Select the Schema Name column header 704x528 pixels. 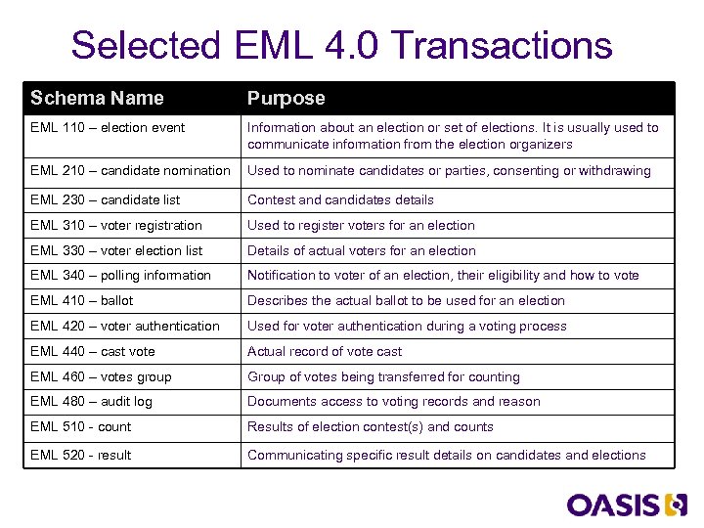(x=97, y=98)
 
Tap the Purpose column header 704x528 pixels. (x=286, y=98)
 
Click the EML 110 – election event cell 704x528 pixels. (x=108, y=127)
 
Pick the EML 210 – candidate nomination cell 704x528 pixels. (x=130, y=170)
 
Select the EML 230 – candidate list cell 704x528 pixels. (x=106, y=199)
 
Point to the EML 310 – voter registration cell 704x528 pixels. (x=116, y=225)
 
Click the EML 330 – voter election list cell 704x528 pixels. (x=116, y=250)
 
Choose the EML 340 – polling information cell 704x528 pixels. (x=120, y=275)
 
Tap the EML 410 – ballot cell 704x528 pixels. (x=81, y=300)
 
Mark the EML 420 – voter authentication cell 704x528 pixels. (x=125, y=326)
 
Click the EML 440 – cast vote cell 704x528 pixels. (x=93, y=351)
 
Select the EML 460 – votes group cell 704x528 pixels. (x=101, y=376)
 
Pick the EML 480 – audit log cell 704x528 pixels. (x=91, y=401)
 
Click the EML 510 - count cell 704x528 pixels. (x=80, y=426)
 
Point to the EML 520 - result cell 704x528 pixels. (x=80, y=455)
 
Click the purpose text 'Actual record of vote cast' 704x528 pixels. (x=325, y=351)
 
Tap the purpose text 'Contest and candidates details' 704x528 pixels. (x=340, y=199)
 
